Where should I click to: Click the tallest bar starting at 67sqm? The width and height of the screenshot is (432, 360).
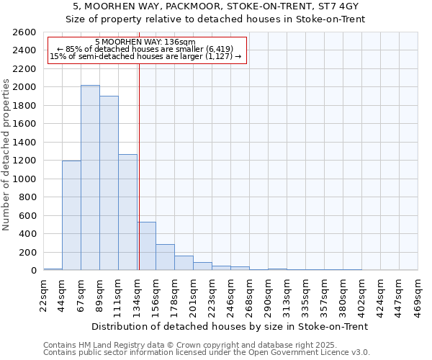coord(90,178)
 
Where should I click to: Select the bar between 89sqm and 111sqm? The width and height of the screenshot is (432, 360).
coord(109,183)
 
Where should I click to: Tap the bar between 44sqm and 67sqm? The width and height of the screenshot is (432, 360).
coord(71,215)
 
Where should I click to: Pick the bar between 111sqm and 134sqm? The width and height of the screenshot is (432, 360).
coord(127,212)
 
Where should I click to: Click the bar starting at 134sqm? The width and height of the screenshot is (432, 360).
coord(146,246)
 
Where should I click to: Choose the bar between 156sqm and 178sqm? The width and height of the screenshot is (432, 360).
coord(165,257)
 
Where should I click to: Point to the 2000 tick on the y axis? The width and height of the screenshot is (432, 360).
coord(26,87)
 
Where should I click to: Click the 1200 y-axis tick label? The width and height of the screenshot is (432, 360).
coord(26,161)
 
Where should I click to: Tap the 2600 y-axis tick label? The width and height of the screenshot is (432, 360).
coord(26,32)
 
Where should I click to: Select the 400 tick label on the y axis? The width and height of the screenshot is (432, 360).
coord(28,234)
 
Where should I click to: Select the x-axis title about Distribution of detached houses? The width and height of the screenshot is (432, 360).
coord(230,326)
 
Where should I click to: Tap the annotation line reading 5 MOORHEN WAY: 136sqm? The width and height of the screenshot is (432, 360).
coord(145,42)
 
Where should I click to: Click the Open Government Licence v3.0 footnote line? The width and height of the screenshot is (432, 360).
coord(207,353)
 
